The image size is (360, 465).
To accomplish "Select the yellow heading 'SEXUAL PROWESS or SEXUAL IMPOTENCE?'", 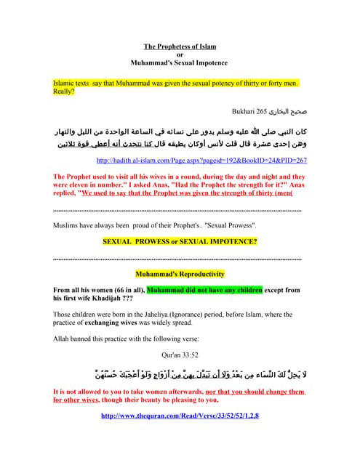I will [x=180, y=241].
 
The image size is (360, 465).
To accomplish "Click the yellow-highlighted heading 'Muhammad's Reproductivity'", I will [x=180, y=274].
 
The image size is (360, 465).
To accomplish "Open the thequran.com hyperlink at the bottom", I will [x=180, y=416].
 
